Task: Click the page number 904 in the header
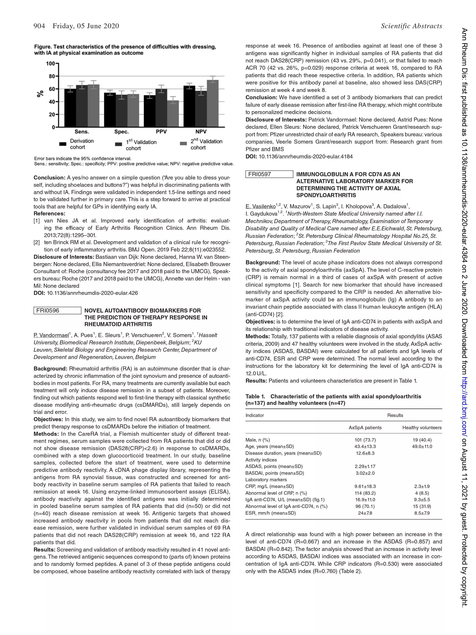click(x=39, y=26)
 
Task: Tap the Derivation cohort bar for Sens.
click(x=70, y=108)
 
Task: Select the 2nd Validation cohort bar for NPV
click(x=213, y=103)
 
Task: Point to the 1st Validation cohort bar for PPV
click(x=161, y=108)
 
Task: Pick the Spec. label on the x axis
click(x=122, y=132)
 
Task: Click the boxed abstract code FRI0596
click(x=57, y=311)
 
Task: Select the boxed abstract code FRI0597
click(x=269, y=174)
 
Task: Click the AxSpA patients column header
click(x=365, y=428)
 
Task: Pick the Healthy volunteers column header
click(x=422, y=428)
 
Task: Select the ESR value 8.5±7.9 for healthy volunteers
click(x=422, y=513)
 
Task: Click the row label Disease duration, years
click(x=283, y=453)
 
